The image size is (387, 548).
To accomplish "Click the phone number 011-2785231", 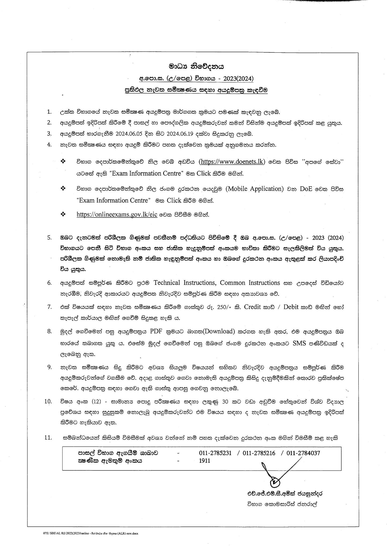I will (x=215, y=453).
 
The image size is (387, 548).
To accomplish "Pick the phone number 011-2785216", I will (x=259, y=453).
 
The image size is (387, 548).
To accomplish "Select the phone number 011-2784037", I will (x=303, y=453).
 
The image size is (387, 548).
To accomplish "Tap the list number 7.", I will (x=49, y=307).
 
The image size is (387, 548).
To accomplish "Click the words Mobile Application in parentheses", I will (x=254, y=189).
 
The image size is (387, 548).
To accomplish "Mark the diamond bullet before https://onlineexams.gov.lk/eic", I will (x=63, y=214).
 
